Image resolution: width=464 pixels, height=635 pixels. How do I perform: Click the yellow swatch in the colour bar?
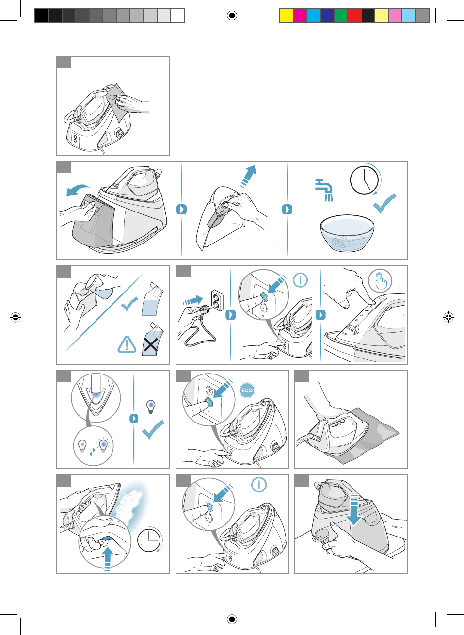287,16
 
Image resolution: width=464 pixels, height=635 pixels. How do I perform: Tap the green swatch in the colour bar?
341,16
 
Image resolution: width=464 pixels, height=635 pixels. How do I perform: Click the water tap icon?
324,190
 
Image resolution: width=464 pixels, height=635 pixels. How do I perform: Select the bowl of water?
347,233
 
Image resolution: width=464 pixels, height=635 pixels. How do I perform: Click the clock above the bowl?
364,180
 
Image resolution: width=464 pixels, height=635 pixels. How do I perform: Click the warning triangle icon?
127,345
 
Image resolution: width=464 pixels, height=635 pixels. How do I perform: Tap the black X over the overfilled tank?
151,345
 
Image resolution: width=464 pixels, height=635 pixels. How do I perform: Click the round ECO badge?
247,391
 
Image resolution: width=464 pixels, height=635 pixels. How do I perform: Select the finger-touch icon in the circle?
380,281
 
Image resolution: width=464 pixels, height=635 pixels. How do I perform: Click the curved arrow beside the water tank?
78,190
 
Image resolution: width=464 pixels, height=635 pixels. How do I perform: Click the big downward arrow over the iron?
354,509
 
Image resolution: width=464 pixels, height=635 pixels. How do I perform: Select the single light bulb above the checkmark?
151,407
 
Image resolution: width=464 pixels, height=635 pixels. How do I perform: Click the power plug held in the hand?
203,309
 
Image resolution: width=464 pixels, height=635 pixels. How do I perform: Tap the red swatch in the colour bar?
354,16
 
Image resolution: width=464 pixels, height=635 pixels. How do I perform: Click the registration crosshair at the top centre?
232,16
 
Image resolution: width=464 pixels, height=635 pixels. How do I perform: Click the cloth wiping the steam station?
118,102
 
